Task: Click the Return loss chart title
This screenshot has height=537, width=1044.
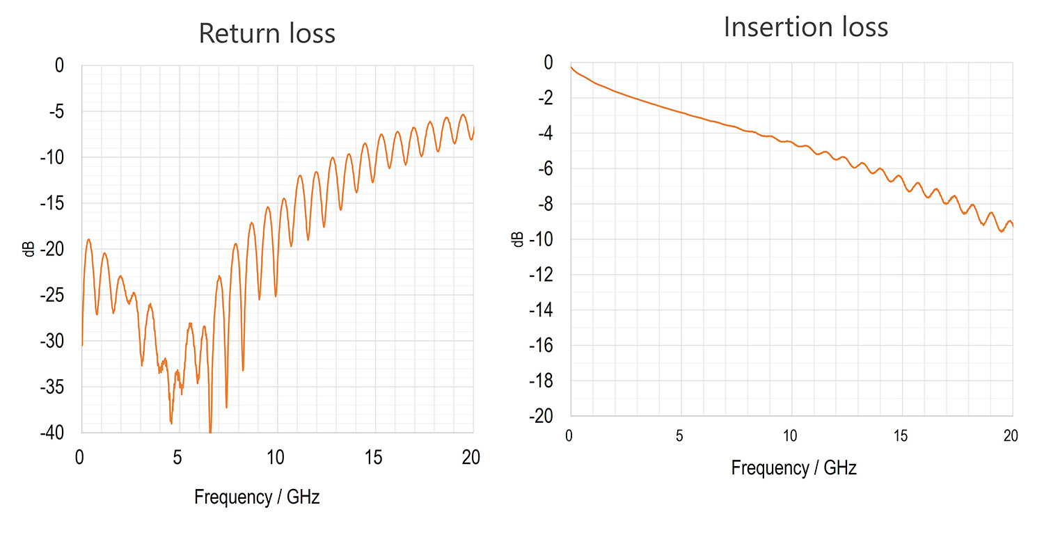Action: [x=267, y=33]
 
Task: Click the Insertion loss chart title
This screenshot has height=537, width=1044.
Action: [x=806, y=27]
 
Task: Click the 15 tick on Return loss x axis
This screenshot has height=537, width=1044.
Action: [x=374, y=457]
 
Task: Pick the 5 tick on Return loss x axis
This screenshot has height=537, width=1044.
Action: [x=178, y=457]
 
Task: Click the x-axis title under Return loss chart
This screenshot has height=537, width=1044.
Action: [x=257, y=497]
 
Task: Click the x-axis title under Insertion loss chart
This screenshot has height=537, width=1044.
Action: [x=793, y=468]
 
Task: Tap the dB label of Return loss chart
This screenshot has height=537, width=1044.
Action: [x=29, y=249]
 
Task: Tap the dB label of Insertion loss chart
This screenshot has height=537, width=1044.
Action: [x=518, y=239]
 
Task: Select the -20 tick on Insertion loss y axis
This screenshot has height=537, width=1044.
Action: [x=541, y=416]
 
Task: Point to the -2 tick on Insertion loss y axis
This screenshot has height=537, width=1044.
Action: [x=544, y=98]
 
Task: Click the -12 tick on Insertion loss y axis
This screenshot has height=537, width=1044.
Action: [x=541, y=275]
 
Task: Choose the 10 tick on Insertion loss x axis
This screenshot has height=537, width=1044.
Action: [x=791, y=436]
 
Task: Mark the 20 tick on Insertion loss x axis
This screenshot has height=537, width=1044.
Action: [x=1011, y=436]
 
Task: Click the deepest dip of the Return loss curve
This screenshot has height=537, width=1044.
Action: [x=210, y=431]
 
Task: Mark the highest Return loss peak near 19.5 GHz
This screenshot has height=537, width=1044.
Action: [x=463, y=115]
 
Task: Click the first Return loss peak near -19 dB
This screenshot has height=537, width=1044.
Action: [x=88, y=239]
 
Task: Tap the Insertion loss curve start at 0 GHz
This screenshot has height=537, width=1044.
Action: [x=571, y=66]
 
